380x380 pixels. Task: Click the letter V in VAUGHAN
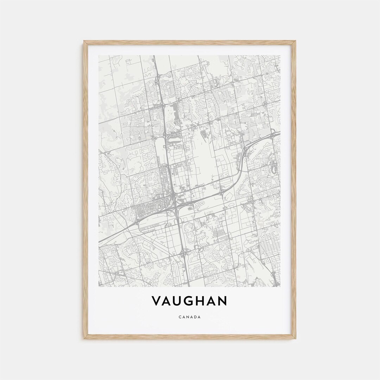[157, 301]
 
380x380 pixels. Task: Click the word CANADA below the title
[190, 317]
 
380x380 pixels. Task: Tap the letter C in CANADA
[180, 317]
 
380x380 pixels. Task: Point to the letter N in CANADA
[188, 317]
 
